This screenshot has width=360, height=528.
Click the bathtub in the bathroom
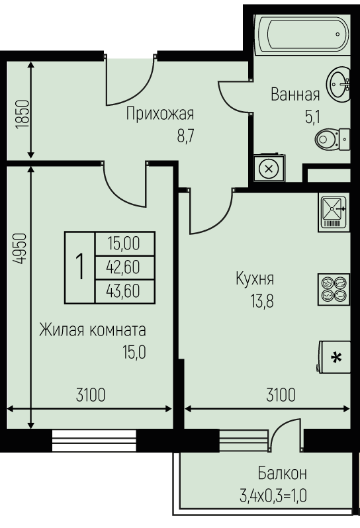(x=303, y=34)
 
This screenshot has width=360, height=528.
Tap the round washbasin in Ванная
(x=338, y=84)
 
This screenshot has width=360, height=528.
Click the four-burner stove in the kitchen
(x=334, y=290)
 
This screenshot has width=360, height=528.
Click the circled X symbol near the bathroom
(x=269, y=168)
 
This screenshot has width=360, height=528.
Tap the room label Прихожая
(x=160, y=114)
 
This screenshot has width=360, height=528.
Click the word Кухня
(x=255, y=279)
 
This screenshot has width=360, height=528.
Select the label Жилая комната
(x=93, y=330)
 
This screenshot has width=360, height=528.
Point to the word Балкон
(x=282, y=474)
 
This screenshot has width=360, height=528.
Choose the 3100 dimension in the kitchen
(x=281, y=395)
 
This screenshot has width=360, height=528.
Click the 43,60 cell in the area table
(x=123, y=290)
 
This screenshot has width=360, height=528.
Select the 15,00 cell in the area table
(x=124, y=243)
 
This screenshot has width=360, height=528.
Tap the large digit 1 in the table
(x=80, y=267)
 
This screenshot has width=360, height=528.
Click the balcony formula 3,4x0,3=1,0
(x=273, y=496)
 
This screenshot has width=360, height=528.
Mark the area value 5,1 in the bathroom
(x=312, y=118)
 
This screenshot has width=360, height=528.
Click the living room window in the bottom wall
(x=94, y=441)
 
